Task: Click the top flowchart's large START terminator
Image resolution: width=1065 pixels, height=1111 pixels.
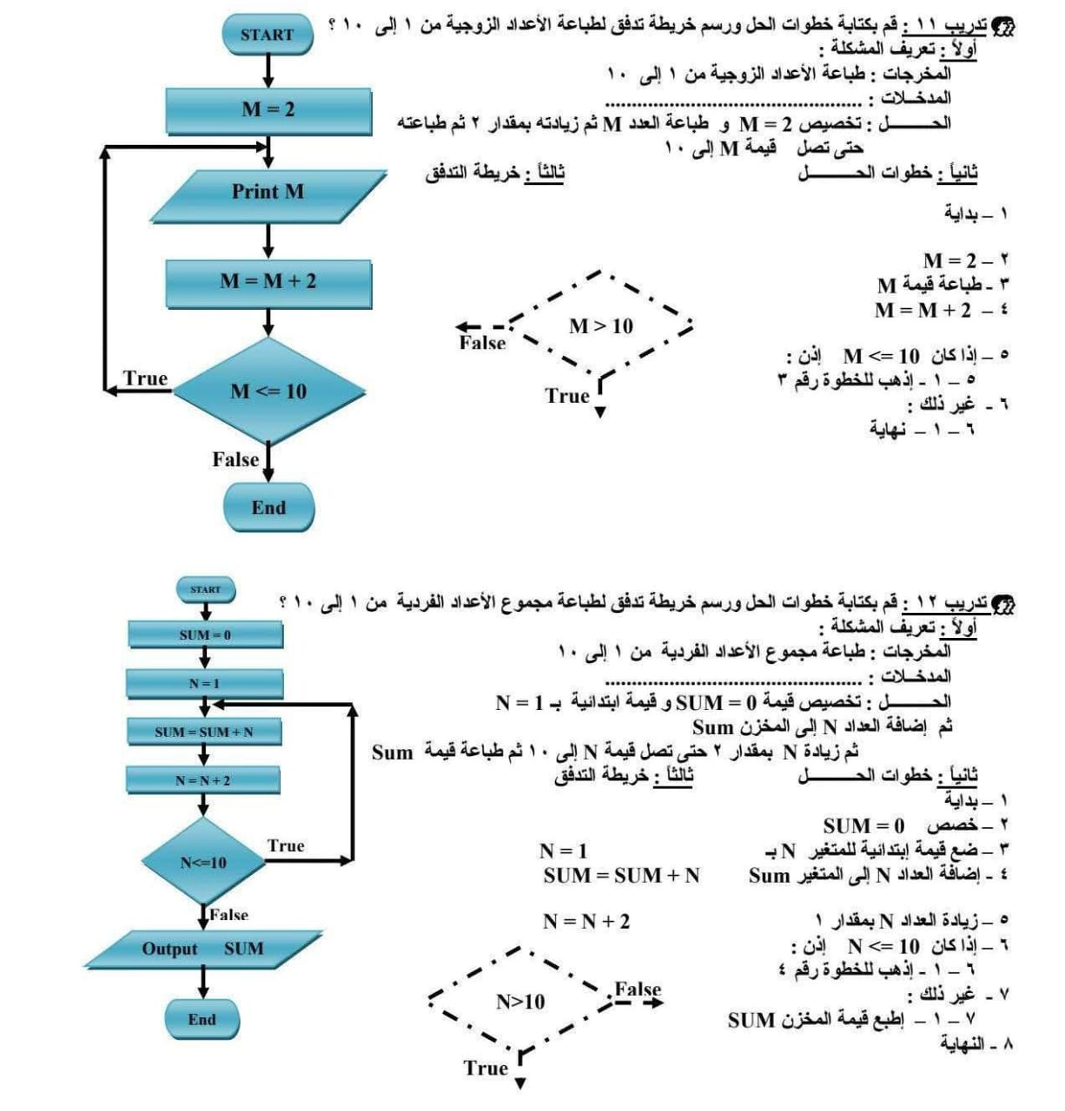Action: point(267,35)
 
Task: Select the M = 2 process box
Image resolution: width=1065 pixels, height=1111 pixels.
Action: point(268,109)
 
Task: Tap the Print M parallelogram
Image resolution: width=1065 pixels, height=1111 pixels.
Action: point(268,192)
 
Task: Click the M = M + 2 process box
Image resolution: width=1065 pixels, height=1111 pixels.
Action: point(268,281)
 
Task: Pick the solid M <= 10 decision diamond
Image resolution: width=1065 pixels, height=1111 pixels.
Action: point(268,391)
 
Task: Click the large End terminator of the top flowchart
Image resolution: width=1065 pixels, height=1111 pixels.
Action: point(268,508)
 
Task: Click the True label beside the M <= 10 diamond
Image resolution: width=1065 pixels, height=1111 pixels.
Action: point(145,378)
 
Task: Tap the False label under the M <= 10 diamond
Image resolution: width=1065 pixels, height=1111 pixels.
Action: point(235,459)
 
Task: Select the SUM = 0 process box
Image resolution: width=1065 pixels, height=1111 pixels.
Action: point(205,634)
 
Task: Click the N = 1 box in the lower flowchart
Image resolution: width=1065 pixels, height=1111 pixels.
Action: point(204,683)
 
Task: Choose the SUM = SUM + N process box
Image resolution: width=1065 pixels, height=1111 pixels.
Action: point(204,732)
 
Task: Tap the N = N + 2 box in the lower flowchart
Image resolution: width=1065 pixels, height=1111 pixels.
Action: point(203,780)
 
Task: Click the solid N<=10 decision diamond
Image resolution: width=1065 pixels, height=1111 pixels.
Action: point(203,863)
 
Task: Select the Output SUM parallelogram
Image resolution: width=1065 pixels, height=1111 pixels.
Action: point(202,949)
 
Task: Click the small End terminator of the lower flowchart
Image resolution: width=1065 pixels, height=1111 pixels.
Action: point(202,1019)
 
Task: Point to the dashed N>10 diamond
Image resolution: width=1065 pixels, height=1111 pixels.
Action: point(521,1002)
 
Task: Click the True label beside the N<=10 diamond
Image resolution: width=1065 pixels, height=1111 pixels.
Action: point(286,845)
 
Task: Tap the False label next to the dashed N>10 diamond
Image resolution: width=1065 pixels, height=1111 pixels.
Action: point(638,989)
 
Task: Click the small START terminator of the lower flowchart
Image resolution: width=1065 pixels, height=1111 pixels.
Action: point(206,589)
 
